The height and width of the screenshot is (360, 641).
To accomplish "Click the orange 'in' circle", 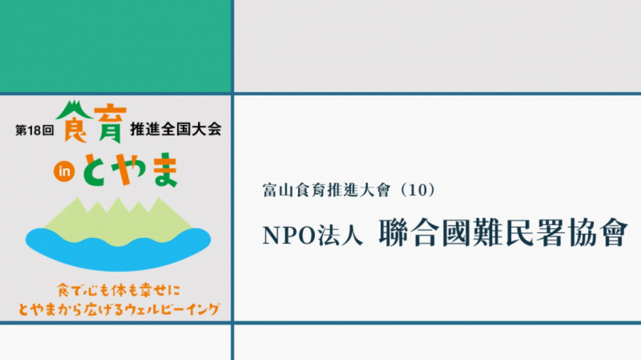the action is click(x=64, y=172).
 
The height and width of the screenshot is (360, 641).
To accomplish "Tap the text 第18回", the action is click(x=35, y=130).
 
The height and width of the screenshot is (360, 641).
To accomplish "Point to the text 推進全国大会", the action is click(x=176, y=129).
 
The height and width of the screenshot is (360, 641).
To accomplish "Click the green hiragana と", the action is click(x=97, y=170).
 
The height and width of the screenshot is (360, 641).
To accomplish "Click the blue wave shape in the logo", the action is click(x=118, y=249).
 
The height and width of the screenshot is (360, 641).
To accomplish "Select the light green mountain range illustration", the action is click(x=118, y=222).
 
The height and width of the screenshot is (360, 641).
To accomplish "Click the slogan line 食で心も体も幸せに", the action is click(x=119, y=290).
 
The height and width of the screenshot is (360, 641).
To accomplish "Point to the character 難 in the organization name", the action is click(x=487, y=233).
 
